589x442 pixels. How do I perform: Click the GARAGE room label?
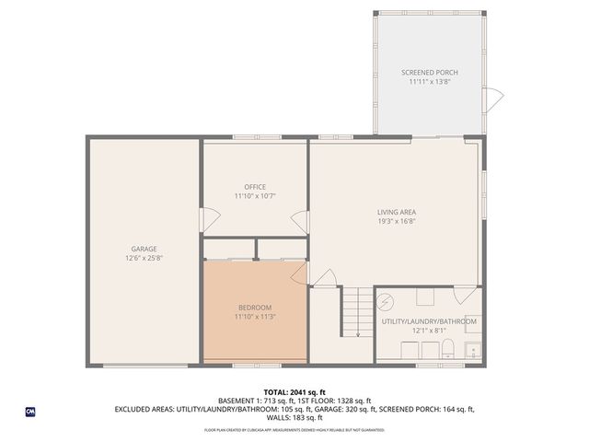(x=144, y=249)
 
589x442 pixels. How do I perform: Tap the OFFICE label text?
(x=255, y=187)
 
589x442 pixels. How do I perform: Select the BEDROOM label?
(x=255, y=308)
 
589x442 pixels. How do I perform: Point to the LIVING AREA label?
(x=396, y=213)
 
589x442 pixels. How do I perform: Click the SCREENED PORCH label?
(x=429, y=73)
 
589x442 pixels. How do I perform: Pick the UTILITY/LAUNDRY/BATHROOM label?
(x=429, y=321)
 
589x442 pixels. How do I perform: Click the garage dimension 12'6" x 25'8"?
(x=144, y=258)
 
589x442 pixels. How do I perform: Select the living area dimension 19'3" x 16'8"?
(x=396, y=222)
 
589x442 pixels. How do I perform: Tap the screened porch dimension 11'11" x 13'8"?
(x=429, y=82)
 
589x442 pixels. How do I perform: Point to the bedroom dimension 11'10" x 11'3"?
(x=255, y=317)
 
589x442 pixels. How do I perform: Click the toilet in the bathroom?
(x=448, y=348)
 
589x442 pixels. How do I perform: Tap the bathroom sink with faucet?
(x=472, y=350)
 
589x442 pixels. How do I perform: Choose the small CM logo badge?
(x=30, y=410)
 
